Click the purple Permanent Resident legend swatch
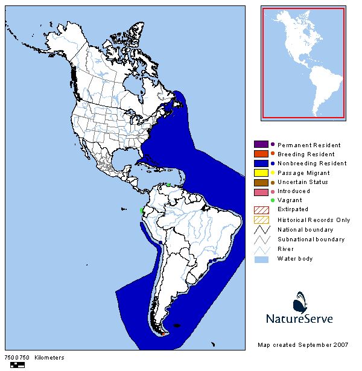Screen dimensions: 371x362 click(x=261, y=145)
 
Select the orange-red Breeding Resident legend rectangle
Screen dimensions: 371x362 click(x=261, y=154)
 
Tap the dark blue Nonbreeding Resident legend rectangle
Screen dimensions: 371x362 click(x=261, y=163)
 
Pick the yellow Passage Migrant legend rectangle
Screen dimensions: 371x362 click(x=261, y=173)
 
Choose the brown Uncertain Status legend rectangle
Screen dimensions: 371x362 click(x=261, y=182)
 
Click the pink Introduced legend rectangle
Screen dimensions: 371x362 click(x=261, y=191)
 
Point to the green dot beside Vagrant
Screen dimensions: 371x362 click(x=273, y=200)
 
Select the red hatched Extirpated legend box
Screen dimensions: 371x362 click(x=261, y=210)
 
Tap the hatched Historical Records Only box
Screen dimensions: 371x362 click(x=261, y=220)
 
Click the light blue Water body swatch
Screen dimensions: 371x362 click(x=261, y=258)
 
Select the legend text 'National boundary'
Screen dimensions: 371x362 click(x=305, y=229)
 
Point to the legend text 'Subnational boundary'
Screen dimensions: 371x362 click(x=311, y=239)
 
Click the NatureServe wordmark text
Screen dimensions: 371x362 click(x=299, y=318)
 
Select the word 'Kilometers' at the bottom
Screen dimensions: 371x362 click(x=49, y=358)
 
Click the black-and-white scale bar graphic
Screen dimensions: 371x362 click(x=17, y=364)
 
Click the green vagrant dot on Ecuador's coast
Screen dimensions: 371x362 click(x=141, y=210)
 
